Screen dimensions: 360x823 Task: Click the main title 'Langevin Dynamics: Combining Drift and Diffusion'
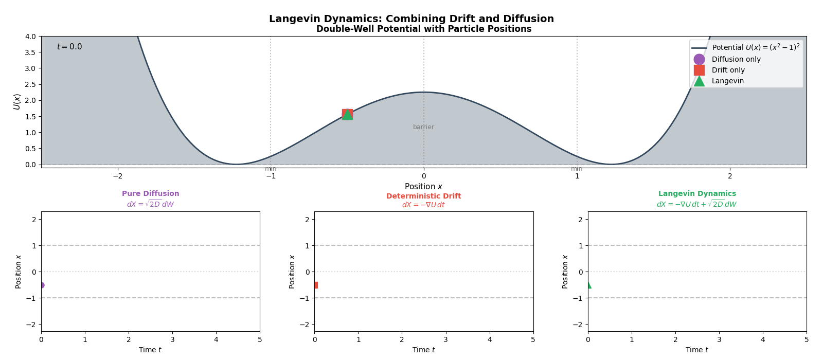click(411, 19)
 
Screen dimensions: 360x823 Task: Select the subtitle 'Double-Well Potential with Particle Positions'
click(423, 29)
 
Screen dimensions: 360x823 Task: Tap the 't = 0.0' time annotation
click(69, 47)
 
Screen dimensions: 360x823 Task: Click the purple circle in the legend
click(699, 59)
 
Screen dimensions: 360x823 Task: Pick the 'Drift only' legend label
click(728, 70)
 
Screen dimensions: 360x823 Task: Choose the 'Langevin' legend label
click(727, 81)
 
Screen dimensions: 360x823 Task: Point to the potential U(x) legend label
click(756, 47)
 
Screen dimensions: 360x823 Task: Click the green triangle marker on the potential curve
click(348, 115)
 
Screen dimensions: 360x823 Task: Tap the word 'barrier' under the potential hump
click(423, 127)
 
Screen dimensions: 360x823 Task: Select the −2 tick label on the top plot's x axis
click(117, 176)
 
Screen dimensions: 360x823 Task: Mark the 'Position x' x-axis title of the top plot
click(423, 187)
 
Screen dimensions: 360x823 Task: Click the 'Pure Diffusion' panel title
click(150, 194)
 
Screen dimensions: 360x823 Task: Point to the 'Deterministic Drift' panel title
click(423, 196)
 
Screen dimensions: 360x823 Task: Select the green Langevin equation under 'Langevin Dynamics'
click(696, 204)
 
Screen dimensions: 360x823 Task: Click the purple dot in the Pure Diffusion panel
click(41, 285)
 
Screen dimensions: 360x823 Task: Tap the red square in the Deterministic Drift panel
click(315, 285)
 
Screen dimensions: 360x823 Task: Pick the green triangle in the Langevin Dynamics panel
click(588, 285)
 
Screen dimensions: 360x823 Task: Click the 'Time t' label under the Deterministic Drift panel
click(423, 350)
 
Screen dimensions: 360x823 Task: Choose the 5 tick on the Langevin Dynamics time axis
click(806, 339)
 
